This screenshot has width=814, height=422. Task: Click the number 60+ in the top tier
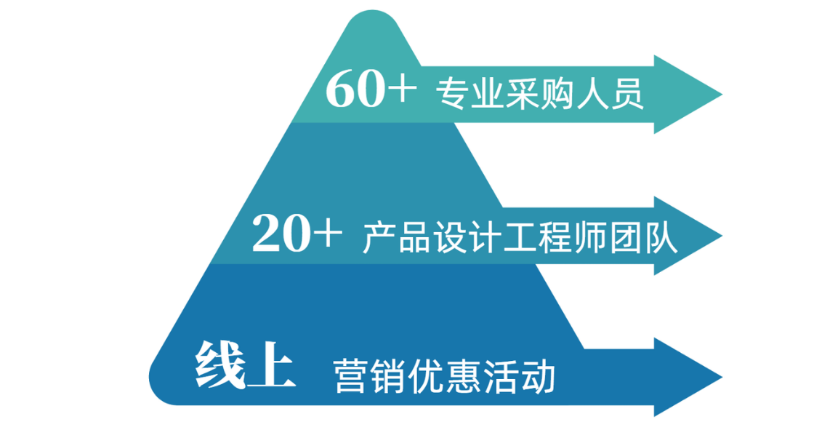(371, 93)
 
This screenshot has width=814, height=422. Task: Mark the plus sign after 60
(403, 93)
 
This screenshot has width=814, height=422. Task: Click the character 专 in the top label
(451, 95)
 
